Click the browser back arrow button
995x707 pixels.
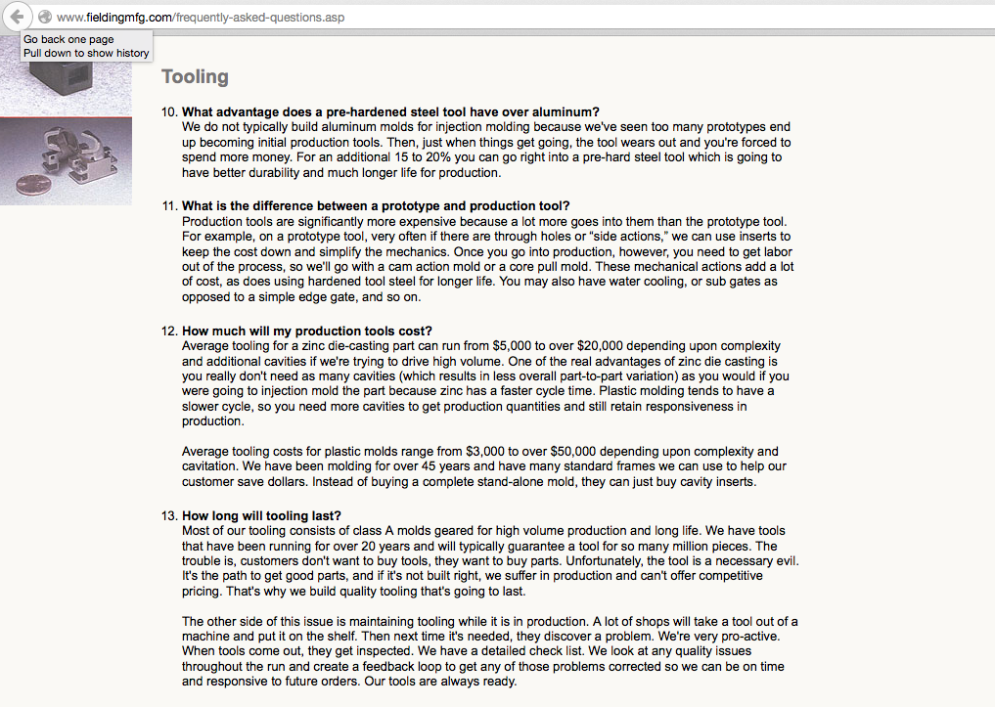[x=17, y=17]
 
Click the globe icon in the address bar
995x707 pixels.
[x=44, y=17]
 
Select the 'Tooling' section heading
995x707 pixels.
[x=195, y=77]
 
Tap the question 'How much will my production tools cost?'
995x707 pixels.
[x=306, y=331]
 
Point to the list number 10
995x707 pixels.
[x=169, y=111]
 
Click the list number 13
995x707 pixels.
[x=169, y=516]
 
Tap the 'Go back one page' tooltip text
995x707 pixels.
[x=68, y=40]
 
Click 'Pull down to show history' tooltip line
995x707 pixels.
[x=86, y=53]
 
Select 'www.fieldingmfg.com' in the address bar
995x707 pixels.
[x=114, y=18]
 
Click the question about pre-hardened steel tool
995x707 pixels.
[x=390, y=111]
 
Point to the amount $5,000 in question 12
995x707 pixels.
[x=515, y=346]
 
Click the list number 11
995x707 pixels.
[x=169, y=206]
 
